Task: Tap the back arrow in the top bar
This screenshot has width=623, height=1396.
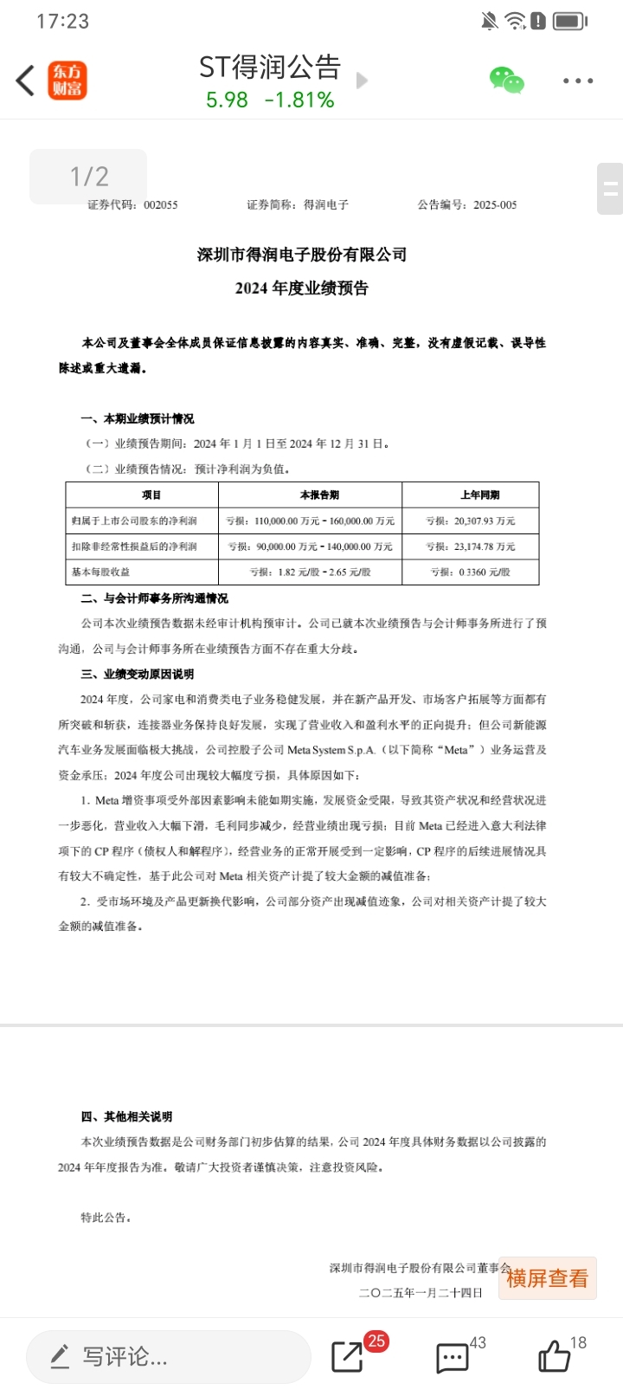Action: [25, 81]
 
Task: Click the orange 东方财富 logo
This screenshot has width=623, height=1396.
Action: [67, 81]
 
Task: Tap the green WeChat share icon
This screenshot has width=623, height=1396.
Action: [507, 80]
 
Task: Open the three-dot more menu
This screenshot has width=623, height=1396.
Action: [577, 81]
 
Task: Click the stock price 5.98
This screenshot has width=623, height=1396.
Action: [227, 100]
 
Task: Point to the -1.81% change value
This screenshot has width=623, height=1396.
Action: [299, 100]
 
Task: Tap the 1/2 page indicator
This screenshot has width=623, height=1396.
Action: [88, 177]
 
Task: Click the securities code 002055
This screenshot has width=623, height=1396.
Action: [161, 205]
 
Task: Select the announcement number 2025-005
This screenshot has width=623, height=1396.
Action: [495, 205]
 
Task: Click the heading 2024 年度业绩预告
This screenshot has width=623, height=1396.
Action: [302, 288]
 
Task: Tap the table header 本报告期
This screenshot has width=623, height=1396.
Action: [319, 495]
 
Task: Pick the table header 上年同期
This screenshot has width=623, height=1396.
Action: [479, 495]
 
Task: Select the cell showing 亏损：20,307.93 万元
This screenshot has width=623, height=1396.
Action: [471, 521]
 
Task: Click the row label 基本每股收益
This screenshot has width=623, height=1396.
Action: [101, 572]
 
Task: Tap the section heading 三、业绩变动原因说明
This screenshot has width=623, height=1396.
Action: [138, 674]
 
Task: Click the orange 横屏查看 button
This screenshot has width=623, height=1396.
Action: [547, 1278]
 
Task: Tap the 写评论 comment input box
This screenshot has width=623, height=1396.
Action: [168, 1356]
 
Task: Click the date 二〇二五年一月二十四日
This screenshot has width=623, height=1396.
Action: [421, 1293]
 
